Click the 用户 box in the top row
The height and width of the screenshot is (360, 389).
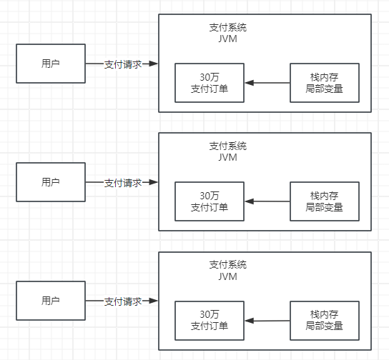tap(50, 64)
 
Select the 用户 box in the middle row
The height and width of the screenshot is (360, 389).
tap(50, 182)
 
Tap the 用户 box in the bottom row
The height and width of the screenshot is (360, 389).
tap(50, 301)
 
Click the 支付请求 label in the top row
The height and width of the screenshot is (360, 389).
tap(122, 64)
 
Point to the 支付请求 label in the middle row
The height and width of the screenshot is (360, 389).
tap(122, 183)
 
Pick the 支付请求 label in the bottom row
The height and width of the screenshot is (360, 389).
tap(122, 301)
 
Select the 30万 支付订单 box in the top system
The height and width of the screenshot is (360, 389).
tap(210, 83)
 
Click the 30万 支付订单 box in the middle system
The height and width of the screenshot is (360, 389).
tap(210, 201)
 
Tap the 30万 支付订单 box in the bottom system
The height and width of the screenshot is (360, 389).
tap(210, 320)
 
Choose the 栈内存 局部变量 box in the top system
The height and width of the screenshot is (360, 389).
tap(324, 83)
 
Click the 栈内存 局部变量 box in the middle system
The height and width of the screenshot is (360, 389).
tap(324, 201)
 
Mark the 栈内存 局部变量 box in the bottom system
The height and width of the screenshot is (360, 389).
tap(324, 320)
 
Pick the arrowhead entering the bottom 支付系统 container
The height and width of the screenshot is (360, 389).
tap(154, 301)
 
